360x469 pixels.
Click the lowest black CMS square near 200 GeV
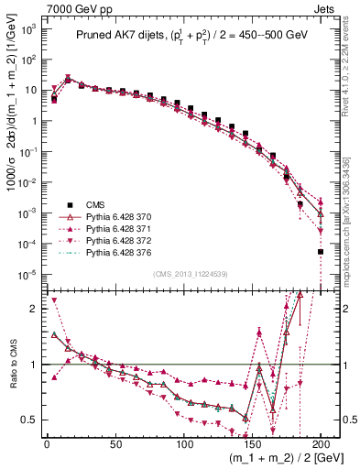321,251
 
